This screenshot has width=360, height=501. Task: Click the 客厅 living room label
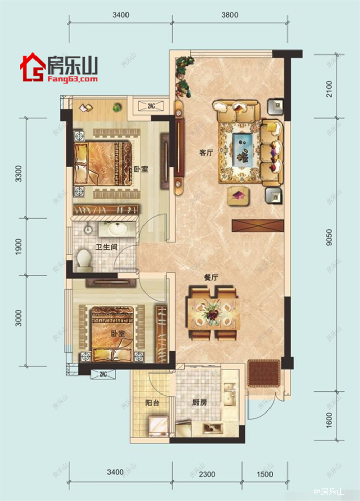[x=206, y=153]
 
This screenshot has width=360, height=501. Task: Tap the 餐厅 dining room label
[x=211, y=278]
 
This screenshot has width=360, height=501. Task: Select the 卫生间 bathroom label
[x=106, y=247]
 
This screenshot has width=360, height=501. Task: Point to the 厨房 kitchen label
[x=200, y=403]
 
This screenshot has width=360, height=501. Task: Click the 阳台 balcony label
[x=152, y=403]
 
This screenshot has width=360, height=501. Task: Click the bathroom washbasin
[x=115, y=228]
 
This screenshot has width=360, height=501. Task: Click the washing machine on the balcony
[x=158, y=426]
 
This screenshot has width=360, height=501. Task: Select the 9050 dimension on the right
[x=329, y=238]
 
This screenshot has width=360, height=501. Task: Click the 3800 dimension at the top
[x=230, y=15]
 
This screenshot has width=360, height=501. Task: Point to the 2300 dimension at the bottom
[x=207, y=474]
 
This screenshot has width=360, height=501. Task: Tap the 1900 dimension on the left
[x=19, y=246]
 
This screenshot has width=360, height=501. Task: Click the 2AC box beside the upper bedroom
[x=151, y=106]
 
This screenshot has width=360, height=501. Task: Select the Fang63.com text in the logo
[x=73, y=79]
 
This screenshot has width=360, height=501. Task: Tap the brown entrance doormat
[x=264, y=373]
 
